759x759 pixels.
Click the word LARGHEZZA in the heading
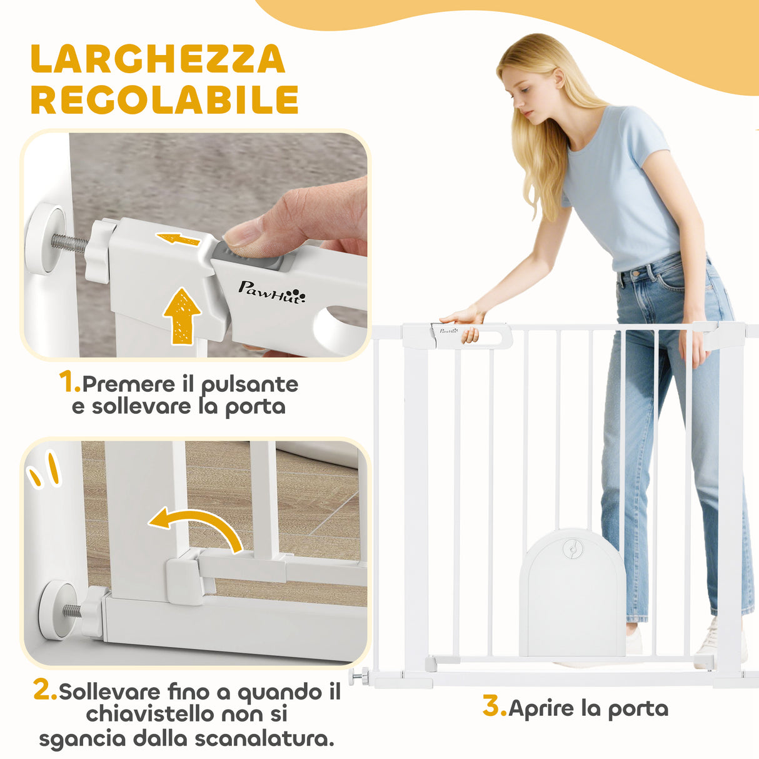coord(158,59)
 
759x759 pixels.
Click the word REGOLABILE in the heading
coord(164,100)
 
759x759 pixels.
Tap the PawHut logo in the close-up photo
coord(272,291)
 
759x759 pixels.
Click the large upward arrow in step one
coord(182,316)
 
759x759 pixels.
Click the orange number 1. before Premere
coord(69,383)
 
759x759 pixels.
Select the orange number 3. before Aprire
coord(494,707)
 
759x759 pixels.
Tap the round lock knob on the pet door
coord(570,549)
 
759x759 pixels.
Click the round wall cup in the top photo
coord(45,240)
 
